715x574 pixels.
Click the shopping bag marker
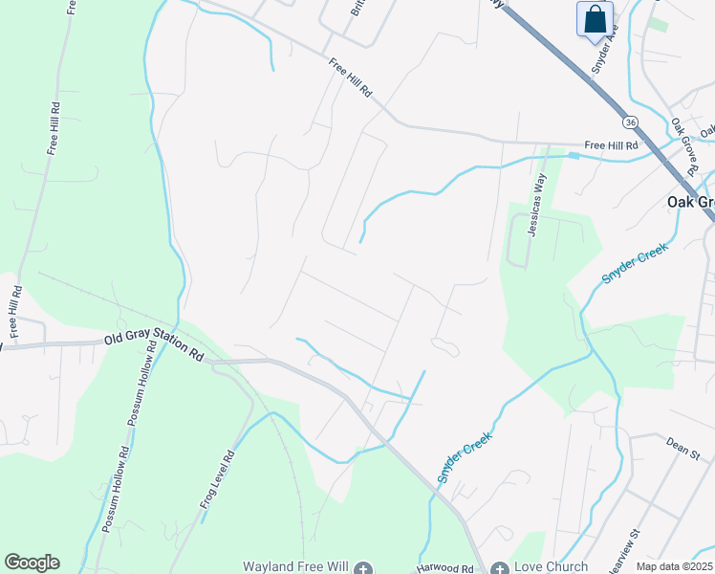point(595,19)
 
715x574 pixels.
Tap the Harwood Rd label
point(444,568)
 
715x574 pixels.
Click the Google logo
point(32,563)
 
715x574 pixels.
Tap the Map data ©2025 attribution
point(674,566)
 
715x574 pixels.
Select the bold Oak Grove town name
point(689,202)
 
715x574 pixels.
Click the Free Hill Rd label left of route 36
point(610,145)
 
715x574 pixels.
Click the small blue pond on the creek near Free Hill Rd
point(573,155)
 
